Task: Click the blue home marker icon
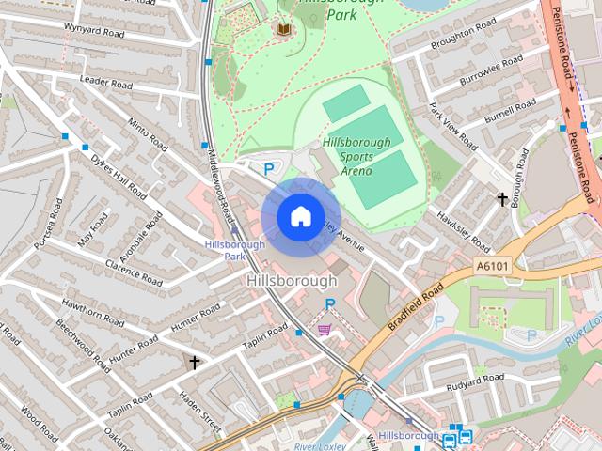point(300,217)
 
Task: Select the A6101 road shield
point(492,267)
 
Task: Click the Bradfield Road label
point(415,308)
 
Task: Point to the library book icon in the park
point(283,30)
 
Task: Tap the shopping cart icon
point(325,330)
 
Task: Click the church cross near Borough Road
point(503,198)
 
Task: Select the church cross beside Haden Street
point(195,362)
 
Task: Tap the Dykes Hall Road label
point(118,179)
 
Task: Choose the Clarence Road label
point(135,272)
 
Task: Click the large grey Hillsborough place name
point(292,281)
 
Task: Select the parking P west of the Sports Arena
point(269,170)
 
